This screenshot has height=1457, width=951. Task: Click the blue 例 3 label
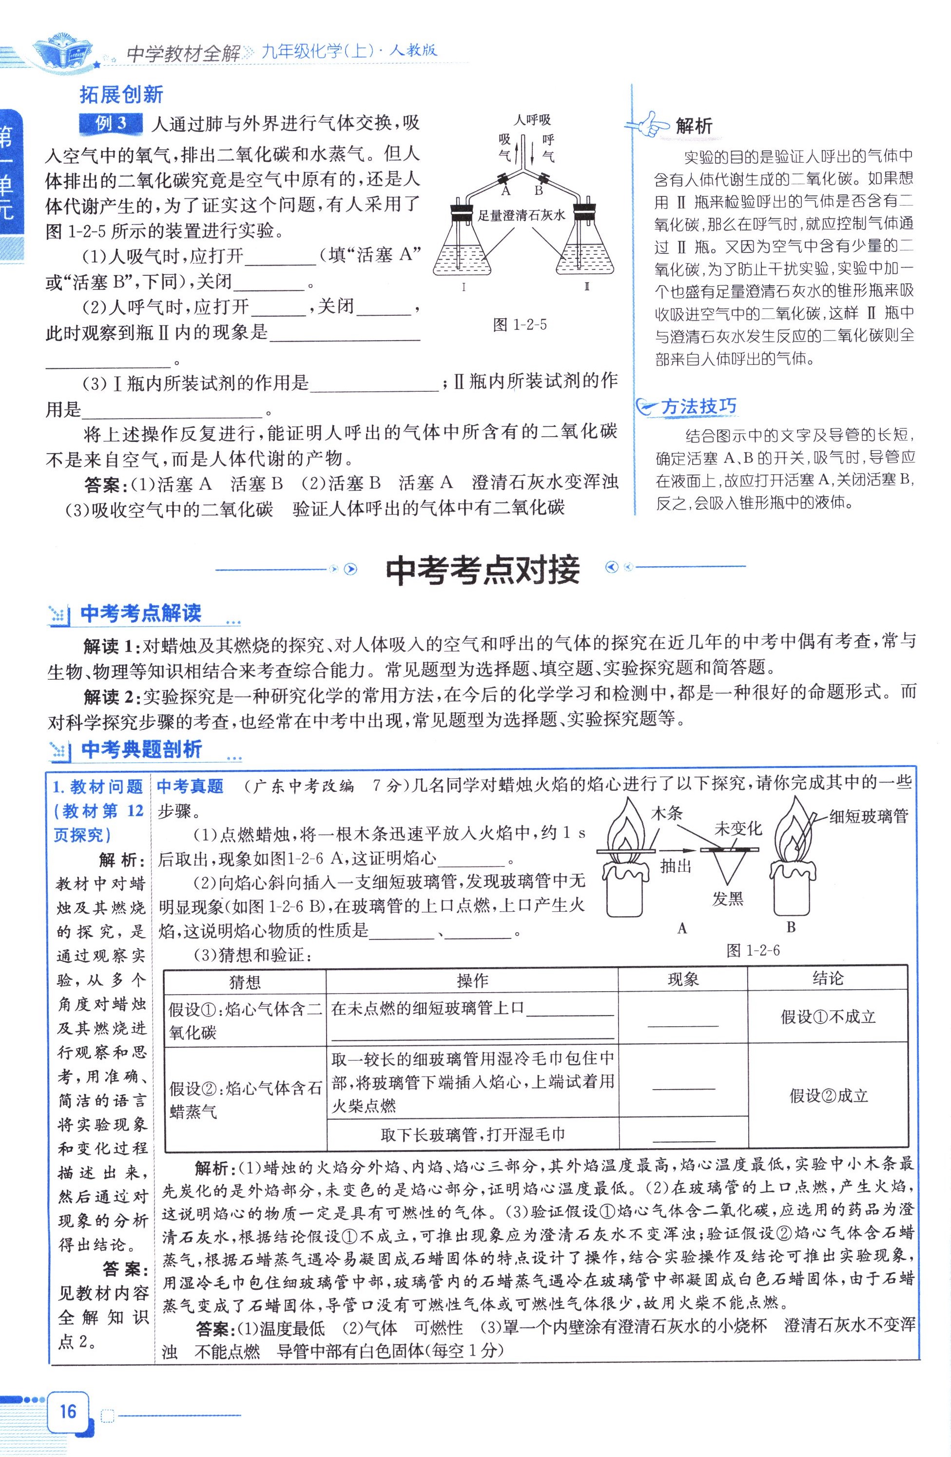click(111, 124)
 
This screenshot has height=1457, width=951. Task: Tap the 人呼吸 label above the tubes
click(531, 120)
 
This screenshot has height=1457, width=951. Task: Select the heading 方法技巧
click(698, 406)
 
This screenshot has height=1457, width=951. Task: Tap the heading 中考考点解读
click(141, 613)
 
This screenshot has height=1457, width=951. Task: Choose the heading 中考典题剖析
click(141, 749)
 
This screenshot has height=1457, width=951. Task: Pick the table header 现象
click(683, 979)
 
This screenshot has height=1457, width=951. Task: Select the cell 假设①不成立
click(827, 1017)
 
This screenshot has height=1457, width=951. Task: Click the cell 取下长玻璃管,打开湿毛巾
click(472, 1134)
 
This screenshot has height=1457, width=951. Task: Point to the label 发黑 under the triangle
click(727, 899)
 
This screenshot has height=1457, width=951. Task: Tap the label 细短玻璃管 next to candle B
click(868, 816)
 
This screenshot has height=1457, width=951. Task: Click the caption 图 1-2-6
click(753, 950)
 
